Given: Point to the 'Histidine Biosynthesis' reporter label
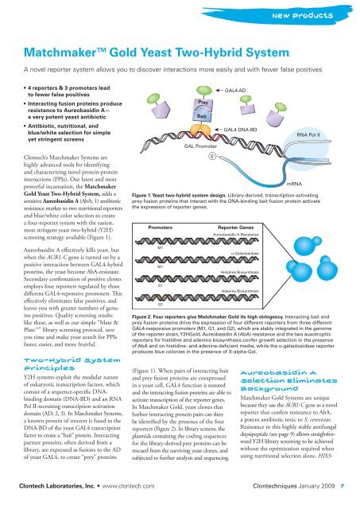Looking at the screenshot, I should tap(239, 271).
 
